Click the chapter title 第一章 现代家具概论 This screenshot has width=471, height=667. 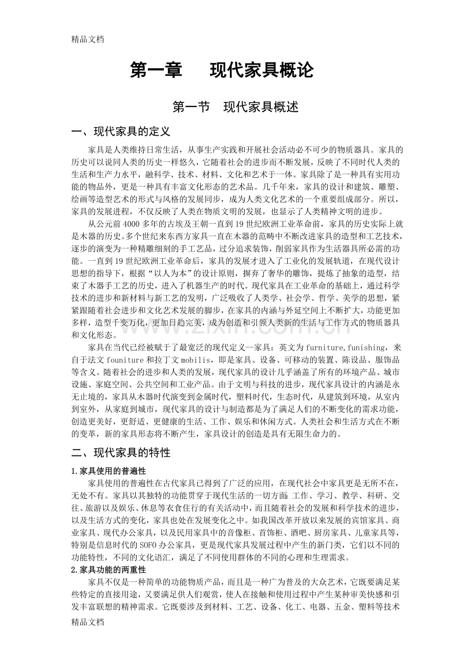click(221, 70)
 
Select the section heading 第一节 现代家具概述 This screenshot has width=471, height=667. click(235, 107)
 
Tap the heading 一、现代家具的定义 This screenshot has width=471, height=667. click(121, 132)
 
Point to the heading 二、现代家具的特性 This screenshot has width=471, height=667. click(121, 453)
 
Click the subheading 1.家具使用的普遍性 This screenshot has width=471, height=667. click(109, 470)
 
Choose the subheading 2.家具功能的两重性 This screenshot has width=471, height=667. click(109, 569)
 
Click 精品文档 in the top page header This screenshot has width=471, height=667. click(88, 38)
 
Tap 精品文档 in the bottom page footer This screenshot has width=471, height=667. click(88, 621)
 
